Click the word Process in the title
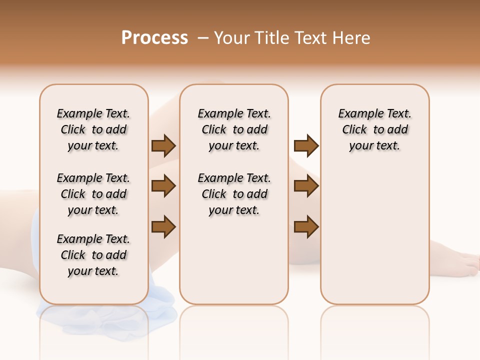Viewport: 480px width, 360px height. coord(154,38)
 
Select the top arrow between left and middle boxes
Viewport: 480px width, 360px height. coord(163,146)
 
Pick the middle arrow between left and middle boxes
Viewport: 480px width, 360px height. coord(163,186)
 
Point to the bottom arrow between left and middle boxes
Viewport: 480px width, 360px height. coord(163,226)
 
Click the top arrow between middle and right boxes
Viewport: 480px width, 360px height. coord(306,146)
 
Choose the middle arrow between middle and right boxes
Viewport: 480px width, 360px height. coord(306,186)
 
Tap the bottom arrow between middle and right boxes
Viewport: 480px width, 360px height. coord(306,226)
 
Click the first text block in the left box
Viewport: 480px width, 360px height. coord(93,129)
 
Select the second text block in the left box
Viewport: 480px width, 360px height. coord(93,194)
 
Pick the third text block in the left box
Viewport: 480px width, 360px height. coord(93,255)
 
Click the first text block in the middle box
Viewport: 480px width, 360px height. coord(234,129)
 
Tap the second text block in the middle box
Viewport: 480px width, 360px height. coord(234,194)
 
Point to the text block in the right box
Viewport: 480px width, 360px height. coord(375,129)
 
